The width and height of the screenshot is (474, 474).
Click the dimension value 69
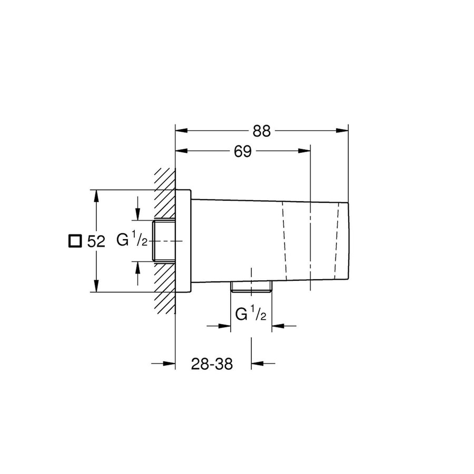[x=242, y=152]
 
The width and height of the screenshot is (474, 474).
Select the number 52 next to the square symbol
[x=96, y=242]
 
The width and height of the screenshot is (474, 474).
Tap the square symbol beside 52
[x=75, y=241]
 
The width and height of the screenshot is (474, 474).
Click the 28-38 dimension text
[x=212, y=364]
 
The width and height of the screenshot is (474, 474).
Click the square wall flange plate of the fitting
[x=183, y=241]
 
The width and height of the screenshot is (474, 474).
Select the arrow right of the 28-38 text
[x=259, y=363]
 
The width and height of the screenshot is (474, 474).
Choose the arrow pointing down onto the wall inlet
[x=137, y=213]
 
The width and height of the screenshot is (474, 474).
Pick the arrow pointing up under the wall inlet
[x=137, y=269]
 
